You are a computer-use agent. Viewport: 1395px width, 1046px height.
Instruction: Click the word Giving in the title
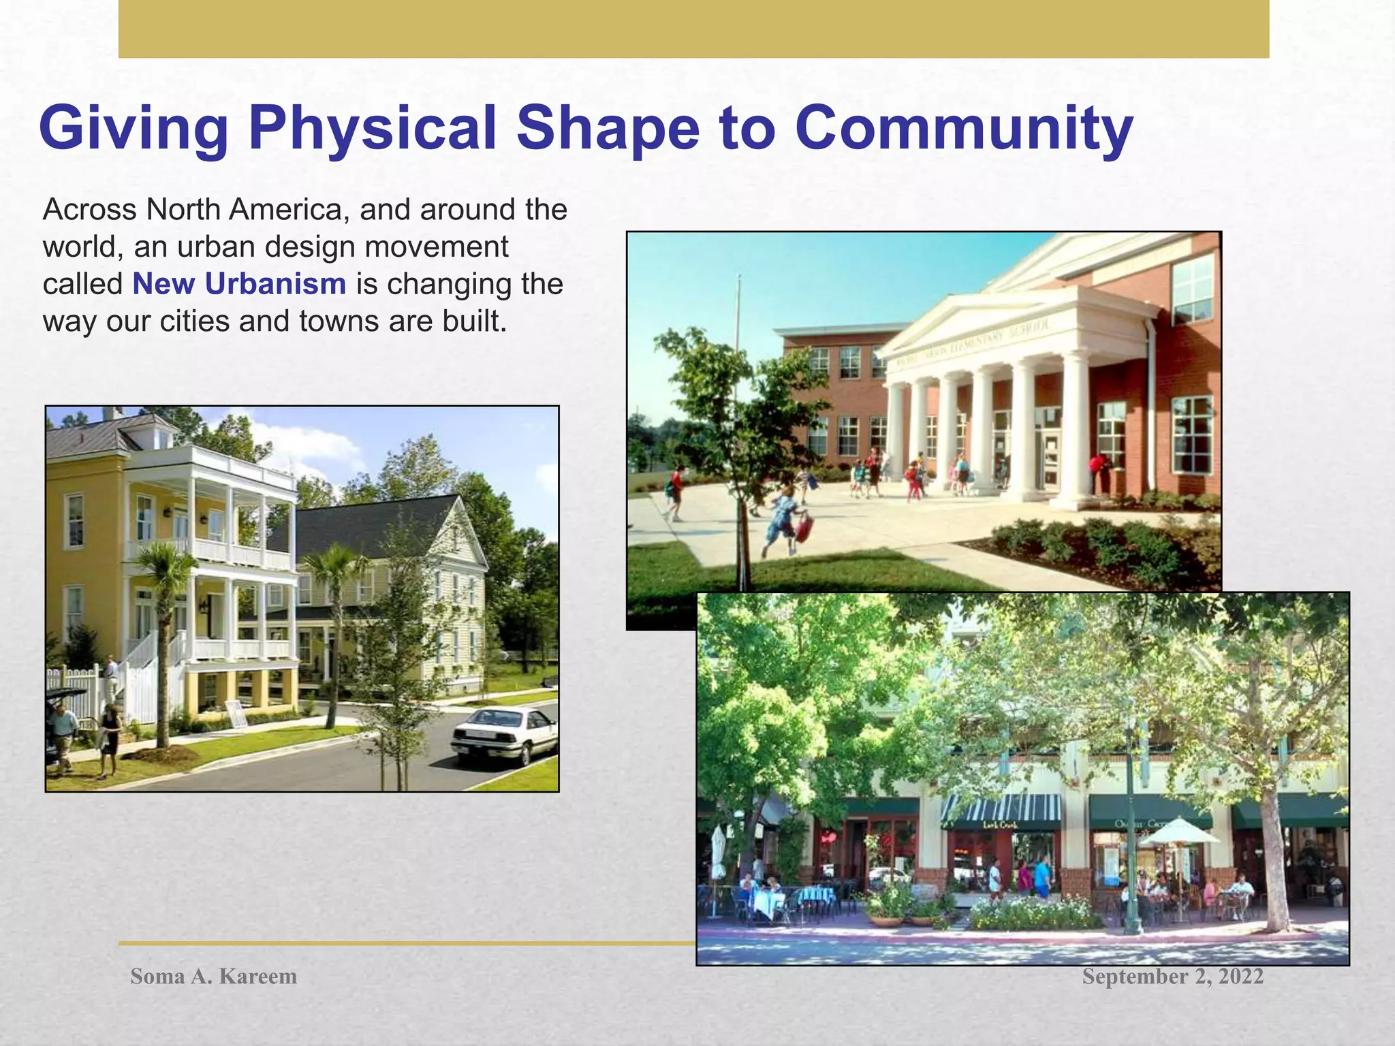pyautogui.click(x=134, y=129)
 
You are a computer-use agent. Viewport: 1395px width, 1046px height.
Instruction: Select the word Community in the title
pyautogui.click(x=963, y=129)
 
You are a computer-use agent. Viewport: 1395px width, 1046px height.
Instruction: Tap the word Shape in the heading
pyautogui.click(x=608, y=129)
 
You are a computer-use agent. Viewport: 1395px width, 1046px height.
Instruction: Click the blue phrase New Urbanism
pyautogui.click(x=239, y=284)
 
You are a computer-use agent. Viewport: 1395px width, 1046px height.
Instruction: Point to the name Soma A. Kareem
pyautogui.click(x=213, y=977)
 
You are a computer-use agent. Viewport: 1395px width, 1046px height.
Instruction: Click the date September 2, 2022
pyautogui.click(x=1172, y=977)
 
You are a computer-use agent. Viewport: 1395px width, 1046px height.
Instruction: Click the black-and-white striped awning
pyautogui.click(x=1001, y=809)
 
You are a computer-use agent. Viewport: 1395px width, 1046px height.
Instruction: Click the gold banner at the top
pyautogui.click(x=693, y=29)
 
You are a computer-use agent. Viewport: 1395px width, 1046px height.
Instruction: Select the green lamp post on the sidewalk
pyautogui.click(x=1131, y=851)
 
